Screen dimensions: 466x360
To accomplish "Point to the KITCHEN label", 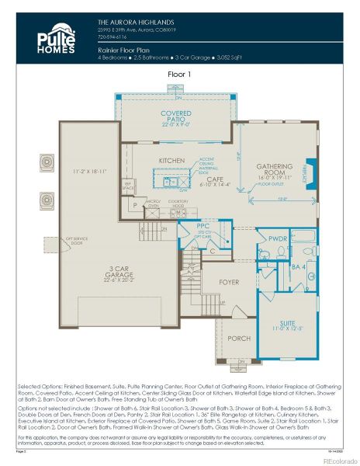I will [x=172, y=160].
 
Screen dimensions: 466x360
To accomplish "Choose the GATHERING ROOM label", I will [x=274, y=169].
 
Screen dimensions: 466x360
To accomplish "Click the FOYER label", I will [x=229, y=282].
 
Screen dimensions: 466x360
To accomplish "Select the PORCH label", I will [x=239, y=339].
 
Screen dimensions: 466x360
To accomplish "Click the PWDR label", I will [x=277, y=239].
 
